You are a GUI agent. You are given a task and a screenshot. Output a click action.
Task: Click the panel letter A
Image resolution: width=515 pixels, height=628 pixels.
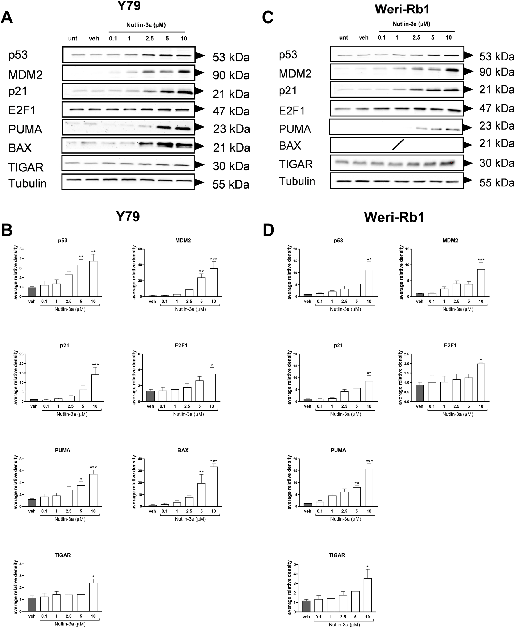point(7,18)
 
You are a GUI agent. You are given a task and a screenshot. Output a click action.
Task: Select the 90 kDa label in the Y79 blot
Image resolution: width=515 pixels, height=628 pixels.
point(231,75)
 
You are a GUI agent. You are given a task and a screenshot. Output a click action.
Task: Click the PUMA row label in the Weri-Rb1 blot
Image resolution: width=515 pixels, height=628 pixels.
point(295,129)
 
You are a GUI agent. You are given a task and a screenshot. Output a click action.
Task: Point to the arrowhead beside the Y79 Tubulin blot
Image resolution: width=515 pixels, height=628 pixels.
point(199,182)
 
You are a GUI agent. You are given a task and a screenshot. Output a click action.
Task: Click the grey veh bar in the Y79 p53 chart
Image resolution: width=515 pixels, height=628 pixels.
point(32,292)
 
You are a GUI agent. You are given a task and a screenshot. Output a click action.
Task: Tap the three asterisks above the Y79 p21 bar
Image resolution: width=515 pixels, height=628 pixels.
point(95,365)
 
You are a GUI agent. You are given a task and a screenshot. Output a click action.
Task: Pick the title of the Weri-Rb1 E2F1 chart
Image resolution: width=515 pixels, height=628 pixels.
point(450,345)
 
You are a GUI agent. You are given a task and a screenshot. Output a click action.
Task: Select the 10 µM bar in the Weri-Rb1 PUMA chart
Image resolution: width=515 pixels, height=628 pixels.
point(369,487)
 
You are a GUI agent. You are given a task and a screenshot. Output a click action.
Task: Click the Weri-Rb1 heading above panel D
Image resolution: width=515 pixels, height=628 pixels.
point(394,217)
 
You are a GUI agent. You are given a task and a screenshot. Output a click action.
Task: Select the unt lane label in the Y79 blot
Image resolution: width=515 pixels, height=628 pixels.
point(73,39)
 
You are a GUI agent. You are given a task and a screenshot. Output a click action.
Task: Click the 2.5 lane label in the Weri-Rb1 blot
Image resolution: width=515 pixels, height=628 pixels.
point(416,38)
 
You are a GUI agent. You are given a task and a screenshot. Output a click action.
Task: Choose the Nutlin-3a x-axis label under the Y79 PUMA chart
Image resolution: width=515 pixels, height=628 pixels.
point(70,519)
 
